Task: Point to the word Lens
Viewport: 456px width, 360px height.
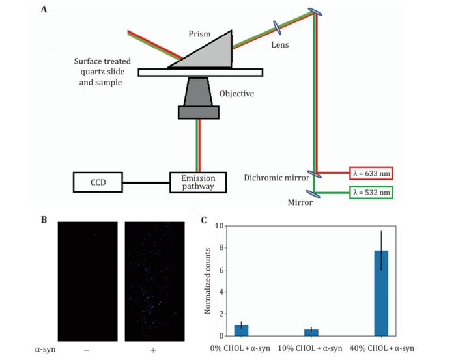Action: [x=279, y=45]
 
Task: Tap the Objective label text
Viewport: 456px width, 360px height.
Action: [x=236, y=94]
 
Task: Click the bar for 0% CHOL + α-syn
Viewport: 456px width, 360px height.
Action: [x=242, y=330]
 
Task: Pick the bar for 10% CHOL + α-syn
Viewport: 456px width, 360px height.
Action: [x=311, y=332]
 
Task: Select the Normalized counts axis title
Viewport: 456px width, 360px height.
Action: [x=208, y=280]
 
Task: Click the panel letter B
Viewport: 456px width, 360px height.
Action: [x=44, y=219]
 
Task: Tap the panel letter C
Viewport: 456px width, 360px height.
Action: [x=204, y=220]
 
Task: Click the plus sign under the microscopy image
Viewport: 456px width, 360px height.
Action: [x=153, y=350]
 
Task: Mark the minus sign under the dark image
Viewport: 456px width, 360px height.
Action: [x=87, y=350]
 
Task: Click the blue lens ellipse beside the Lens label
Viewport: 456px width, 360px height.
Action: [x=277, y=27]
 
